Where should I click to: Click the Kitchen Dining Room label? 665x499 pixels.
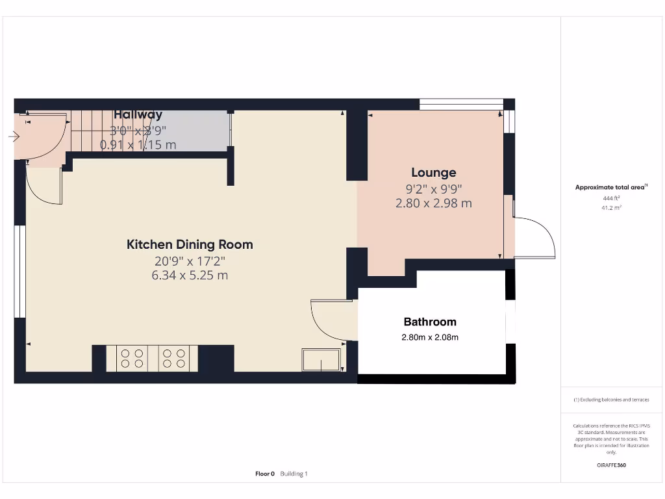coord(190,245)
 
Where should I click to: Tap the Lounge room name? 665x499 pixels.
coord(433,173)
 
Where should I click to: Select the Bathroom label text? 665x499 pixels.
coord(430,322)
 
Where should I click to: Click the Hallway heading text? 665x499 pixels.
coord(138,115)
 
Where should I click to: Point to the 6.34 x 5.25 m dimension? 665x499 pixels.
coord(190,275)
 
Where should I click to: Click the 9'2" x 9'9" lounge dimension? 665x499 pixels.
coord(433,189)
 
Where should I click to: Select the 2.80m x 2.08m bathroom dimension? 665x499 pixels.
coord(430,337)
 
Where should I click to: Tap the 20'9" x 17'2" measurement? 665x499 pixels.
coord(190,261)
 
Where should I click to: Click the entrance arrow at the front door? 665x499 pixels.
coord(14,136)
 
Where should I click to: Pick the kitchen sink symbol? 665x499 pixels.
coord(321,360)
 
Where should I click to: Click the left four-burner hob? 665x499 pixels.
coord(132,359)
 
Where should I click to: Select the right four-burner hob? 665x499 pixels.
coord(172,359)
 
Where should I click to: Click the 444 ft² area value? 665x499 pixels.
coord(611,198)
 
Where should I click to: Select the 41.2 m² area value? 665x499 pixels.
coord(611,208)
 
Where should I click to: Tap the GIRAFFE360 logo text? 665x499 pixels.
coord(611,465)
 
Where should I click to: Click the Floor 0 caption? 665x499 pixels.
coord(265,474)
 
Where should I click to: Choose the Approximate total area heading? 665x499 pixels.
coord(611,187)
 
